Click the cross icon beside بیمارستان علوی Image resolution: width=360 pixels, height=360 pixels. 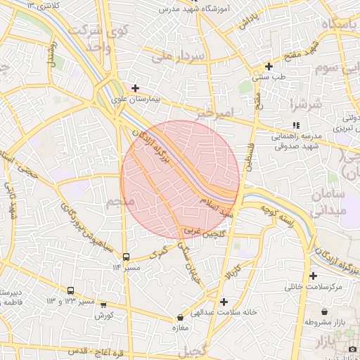pyautogui.click(x=135, y=89)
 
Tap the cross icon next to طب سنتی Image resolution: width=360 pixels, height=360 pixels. pyautogui.click(x=269, y=66)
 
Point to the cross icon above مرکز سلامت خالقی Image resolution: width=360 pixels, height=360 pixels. pyautogui.click(x=313, y=276)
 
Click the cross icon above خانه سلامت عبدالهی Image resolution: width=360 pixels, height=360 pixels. pyautogui.click(x=224, y=302)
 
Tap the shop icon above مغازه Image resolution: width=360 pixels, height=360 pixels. pyautogui.click(x=181, y=317)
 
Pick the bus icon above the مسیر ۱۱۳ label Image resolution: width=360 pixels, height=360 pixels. pyautogui.click(x=127, y=257)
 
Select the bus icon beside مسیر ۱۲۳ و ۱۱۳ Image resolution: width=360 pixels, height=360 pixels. pyautogui.click(x=70, y=290)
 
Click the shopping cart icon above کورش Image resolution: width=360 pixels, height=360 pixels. pyautogui.click(x=104, y=305)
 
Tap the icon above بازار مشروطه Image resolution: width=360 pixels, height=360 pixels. pyautogui.click(x=324, y=311)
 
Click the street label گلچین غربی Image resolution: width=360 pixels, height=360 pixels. pyautogui.click(x=204, y=231)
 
